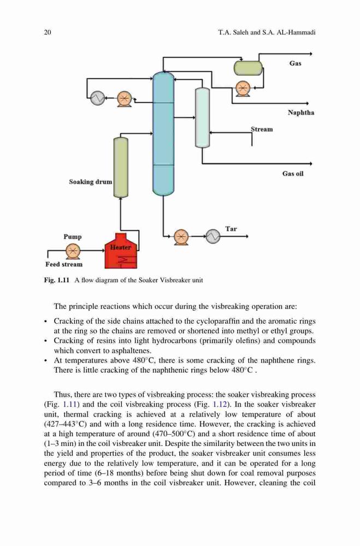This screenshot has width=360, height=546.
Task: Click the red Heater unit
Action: (121, 251)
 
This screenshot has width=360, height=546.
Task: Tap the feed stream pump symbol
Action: (73, 251)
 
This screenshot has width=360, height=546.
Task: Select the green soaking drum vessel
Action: (121, 167)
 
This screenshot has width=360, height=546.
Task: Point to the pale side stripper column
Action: (202, 118)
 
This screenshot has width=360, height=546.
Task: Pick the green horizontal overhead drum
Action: (248, 68)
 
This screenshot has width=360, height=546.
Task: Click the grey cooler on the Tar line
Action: (213, 236)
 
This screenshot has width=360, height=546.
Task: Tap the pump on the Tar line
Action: (180, 237)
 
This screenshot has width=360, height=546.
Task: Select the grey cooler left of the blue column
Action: (97, 98)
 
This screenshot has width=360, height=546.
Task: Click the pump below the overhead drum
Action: (243, 88)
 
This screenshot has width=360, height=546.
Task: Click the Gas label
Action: (295, 63)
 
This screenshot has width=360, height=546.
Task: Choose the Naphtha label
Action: (301, 112)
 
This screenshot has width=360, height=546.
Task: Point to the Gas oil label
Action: (293, 174)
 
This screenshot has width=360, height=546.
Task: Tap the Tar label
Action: (231, 229)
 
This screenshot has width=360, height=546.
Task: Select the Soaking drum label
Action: (91, 182)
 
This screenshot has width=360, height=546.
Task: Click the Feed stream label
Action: (64, 264)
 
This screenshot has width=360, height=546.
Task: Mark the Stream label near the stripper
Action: (262, 129)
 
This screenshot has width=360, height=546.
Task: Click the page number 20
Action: (48, 32)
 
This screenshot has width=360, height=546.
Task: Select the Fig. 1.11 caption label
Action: (57, 280)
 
